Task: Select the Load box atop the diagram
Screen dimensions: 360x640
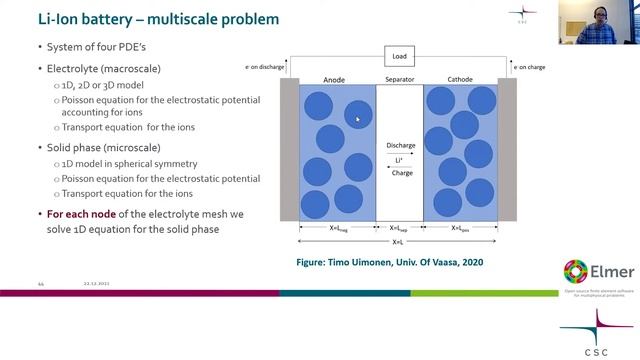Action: [399, 57]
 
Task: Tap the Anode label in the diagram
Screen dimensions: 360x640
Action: [335, 79]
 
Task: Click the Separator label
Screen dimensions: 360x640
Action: [399, 79]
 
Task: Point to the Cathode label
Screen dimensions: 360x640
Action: [463, 79]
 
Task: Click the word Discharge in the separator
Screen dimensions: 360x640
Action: [400, 146]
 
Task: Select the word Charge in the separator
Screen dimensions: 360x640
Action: [400, 172]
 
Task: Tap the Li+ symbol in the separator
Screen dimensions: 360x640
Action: [400, 159]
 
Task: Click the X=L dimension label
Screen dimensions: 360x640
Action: [398, 241]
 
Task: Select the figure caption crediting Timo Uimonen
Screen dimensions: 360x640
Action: [399, 262]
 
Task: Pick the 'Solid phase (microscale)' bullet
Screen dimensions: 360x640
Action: [97, 147]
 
